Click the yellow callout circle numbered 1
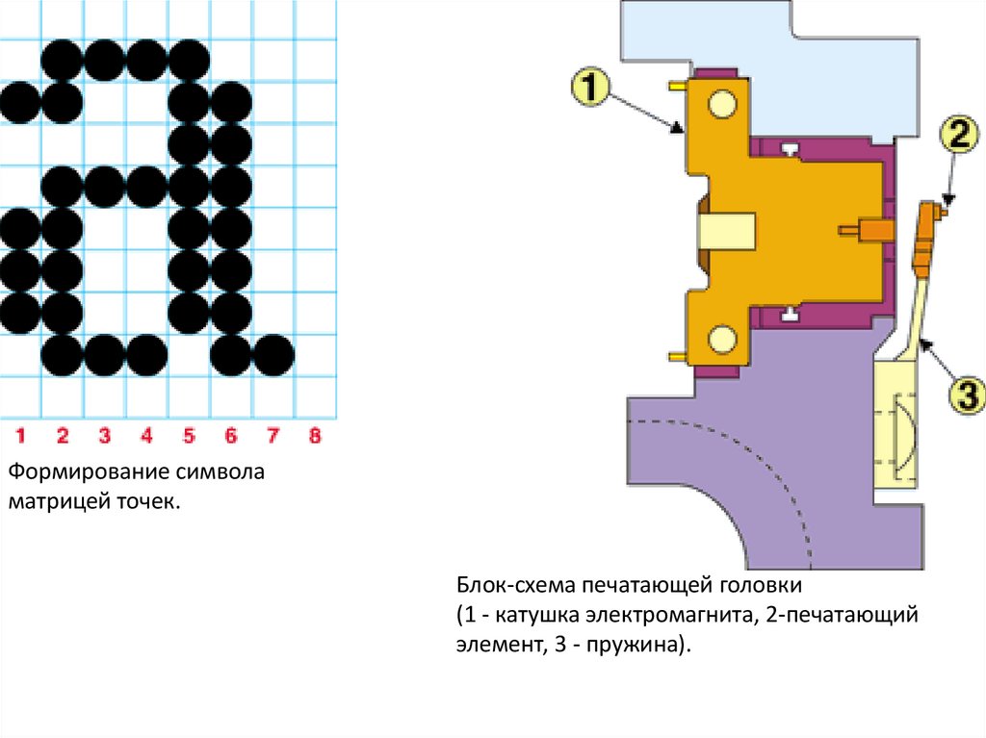pos(590,89)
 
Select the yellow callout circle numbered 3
pos(964,394)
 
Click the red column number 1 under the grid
pos(20,436)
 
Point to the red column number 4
pos(146,436)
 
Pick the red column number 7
pos(272,436)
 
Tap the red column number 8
pos(314,436)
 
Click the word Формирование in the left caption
pos(89,474)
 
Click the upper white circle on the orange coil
pos(722,104)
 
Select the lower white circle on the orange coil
pos(722,338)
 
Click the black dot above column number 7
pos(272,355)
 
